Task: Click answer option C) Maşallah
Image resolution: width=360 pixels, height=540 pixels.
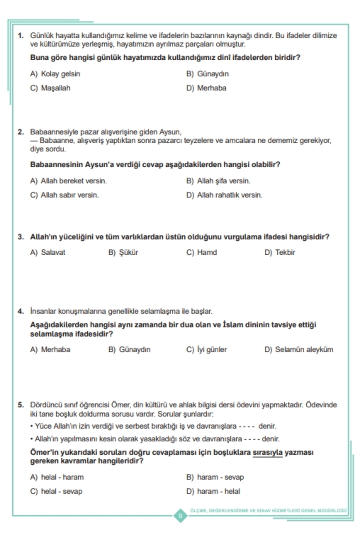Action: [55, 88]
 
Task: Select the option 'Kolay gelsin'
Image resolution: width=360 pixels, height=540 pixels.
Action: [60, 74]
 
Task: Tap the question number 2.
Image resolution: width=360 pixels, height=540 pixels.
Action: [21, 132]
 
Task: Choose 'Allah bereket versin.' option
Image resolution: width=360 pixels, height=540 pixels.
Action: [73, 181]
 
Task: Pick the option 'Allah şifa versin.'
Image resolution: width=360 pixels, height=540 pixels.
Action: [223, 181]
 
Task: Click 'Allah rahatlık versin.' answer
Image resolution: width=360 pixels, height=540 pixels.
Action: [229, 195]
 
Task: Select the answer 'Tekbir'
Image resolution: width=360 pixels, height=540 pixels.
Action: [285, 252]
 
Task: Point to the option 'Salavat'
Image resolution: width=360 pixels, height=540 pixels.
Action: [53, 252]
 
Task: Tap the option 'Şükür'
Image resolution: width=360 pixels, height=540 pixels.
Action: [128, 252]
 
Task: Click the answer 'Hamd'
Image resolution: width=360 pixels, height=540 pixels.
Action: [207, 252]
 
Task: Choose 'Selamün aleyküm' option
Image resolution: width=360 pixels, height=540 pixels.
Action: [304, 349]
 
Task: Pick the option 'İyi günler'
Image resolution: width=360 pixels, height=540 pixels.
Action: [212, 349]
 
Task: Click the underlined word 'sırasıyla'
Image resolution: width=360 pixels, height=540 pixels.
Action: [268, 452]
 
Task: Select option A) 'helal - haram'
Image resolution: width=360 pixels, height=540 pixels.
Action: [62, 477]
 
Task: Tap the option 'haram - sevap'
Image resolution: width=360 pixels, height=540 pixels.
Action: [220, 477]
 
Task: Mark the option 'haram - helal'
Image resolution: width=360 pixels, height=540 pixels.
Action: [218, 491]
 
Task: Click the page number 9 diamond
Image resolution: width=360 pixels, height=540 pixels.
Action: [180, 516]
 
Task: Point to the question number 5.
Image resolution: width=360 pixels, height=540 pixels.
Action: [21, 405]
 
